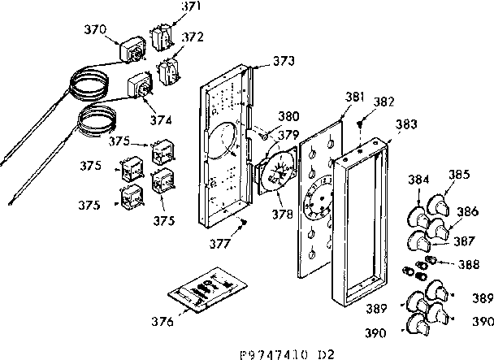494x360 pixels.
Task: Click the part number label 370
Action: pyautogui.click(x=95, y=29)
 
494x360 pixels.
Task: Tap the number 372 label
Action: pyautogui.click(x=192, y=37)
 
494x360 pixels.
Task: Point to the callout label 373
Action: pyautogui.click(x=283, y=60)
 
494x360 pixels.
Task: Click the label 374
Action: pyautogui.click(x=161, y=119)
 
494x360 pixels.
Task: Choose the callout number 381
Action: pyautogui.click(x=331, y=97)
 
